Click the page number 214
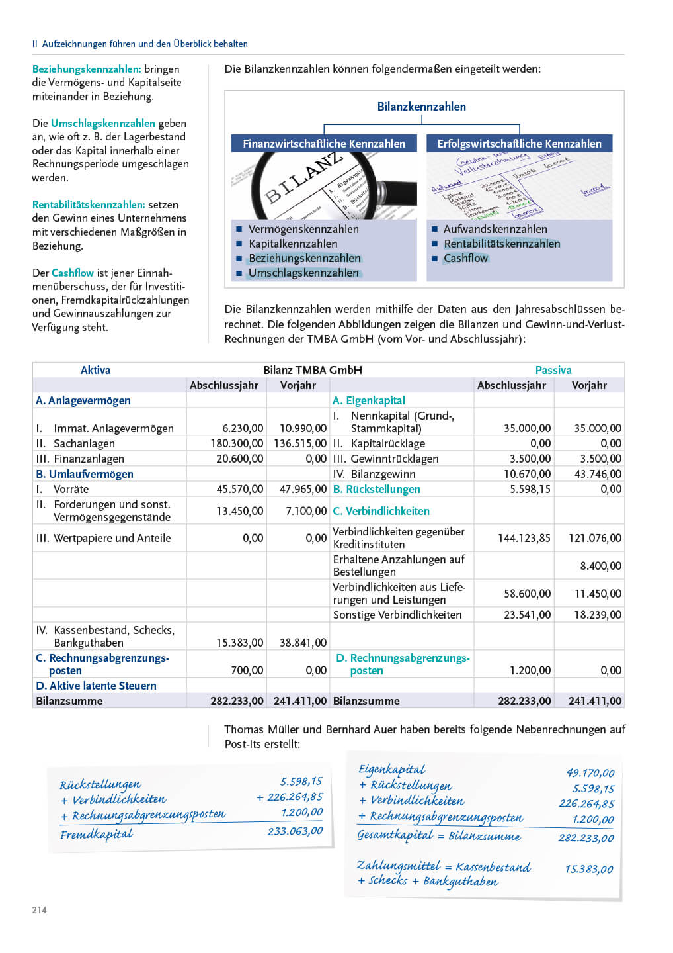pyautogui.click(x=40, y=910)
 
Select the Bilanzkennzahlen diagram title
pyautogui.click(x=421, y=107)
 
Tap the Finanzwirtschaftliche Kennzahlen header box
pyautogui.click(x=324, y=144)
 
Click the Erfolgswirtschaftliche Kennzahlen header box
pyautogui.click(x=520, y=144)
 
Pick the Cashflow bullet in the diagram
pyautogui.click(x=465, y=258)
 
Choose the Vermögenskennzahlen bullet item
pyautogui.click(x=303, y=229)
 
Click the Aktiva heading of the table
pyautogui.click(x=95, y=370)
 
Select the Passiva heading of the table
pyautogui.click(x=553, y=370)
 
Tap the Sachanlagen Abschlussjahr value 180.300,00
pyautogui.click(x=237, y=443)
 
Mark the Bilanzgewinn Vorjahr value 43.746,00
pyautogui.click(x=595, y=474)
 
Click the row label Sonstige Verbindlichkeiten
pyautogui.click(x=397, y=615)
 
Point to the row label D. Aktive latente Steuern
pyautogui.click(x=97, y=686)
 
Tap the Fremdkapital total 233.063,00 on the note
pyautogui.click(x=295, y=831)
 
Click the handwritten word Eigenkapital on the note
pyautogui.click(x=391, y=769)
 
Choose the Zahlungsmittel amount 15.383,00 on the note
pyautogui.click(x=588, y=869)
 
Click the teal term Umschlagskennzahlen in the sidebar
pyautogui.click(x=103, y=123)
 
